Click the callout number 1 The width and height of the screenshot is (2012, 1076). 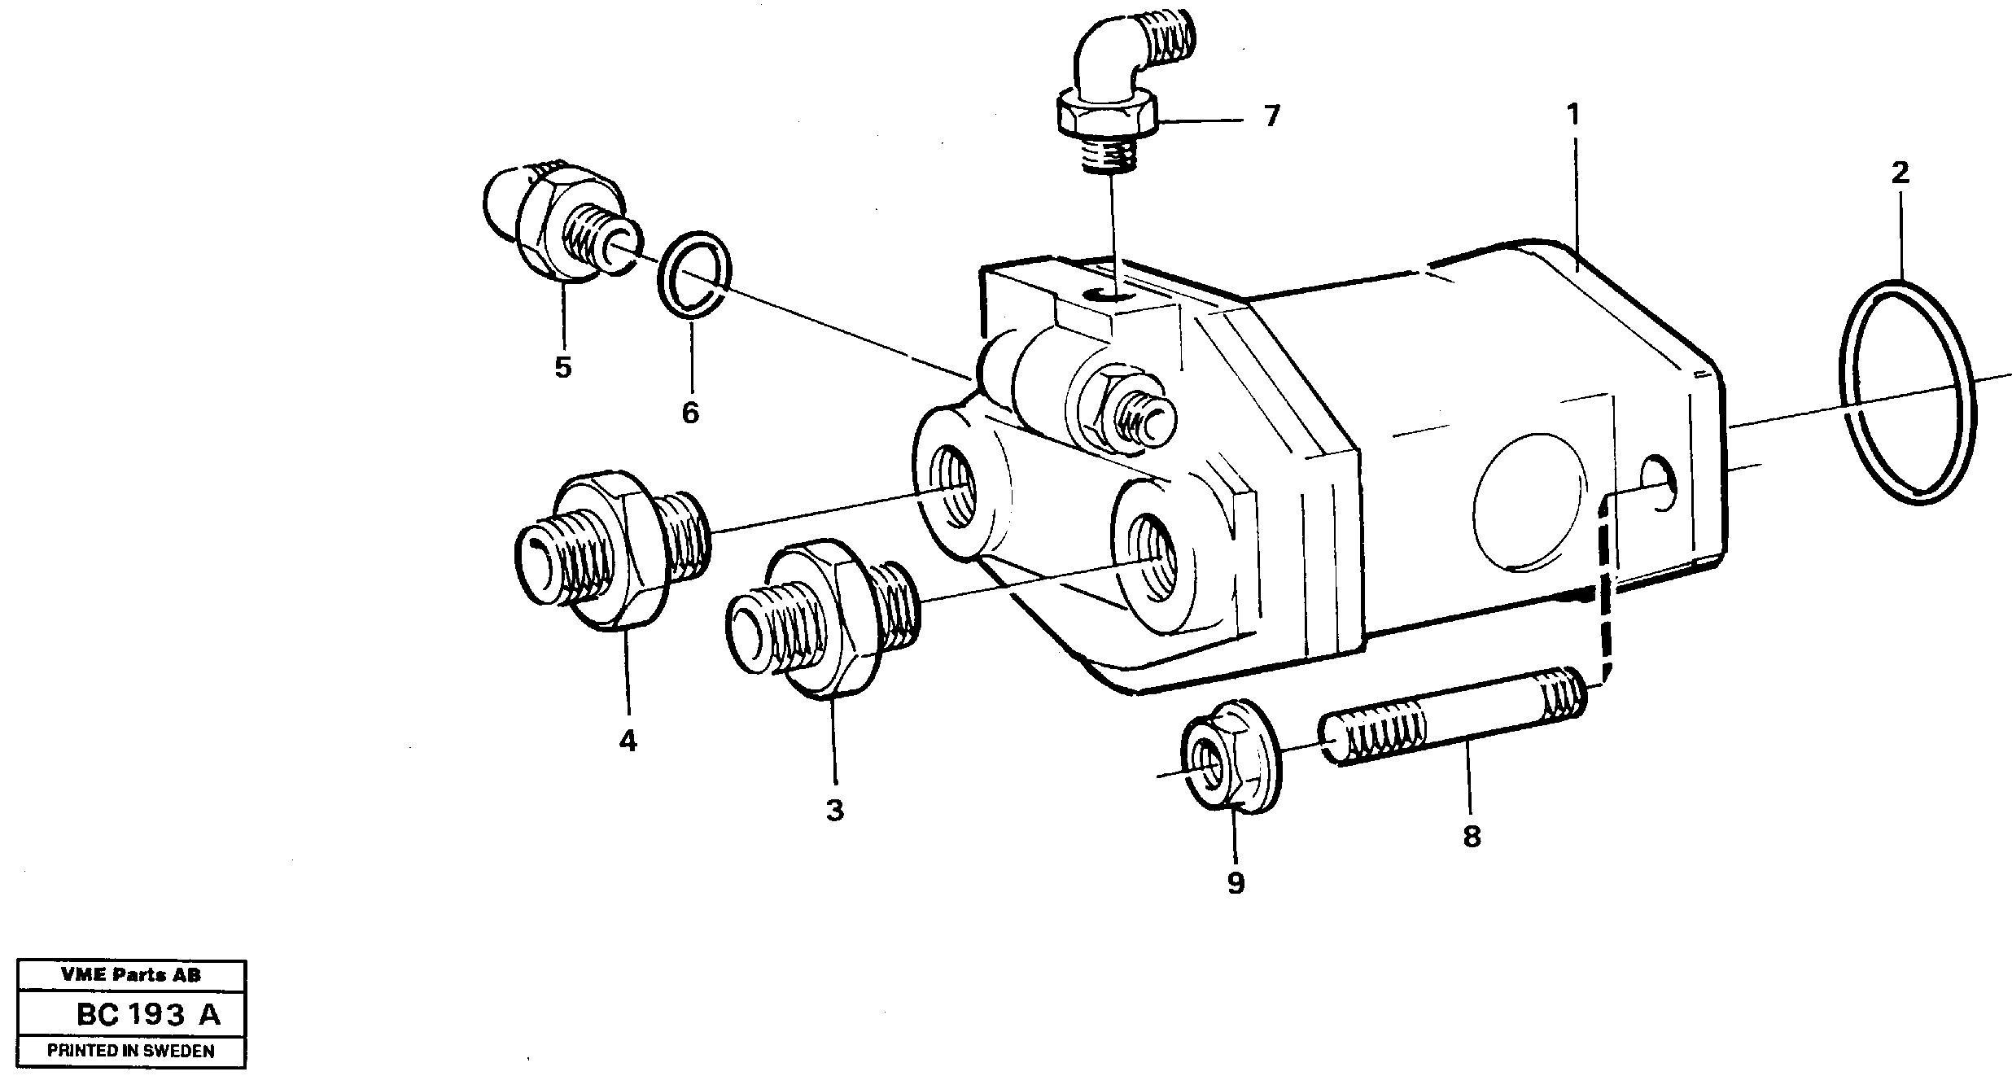(x=1572, y=115)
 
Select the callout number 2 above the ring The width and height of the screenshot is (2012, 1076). (x=1900, y=173)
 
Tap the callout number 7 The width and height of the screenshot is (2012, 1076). (x=1272, y=116)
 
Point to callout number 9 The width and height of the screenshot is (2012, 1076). (x=1236, y=883)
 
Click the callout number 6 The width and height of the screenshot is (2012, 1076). (x=690, y=413)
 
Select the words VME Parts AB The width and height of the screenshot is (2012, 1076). (x=130, y=974)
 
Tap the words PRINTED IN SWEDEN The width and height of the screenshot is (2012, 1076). (x=130, y=1051)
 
